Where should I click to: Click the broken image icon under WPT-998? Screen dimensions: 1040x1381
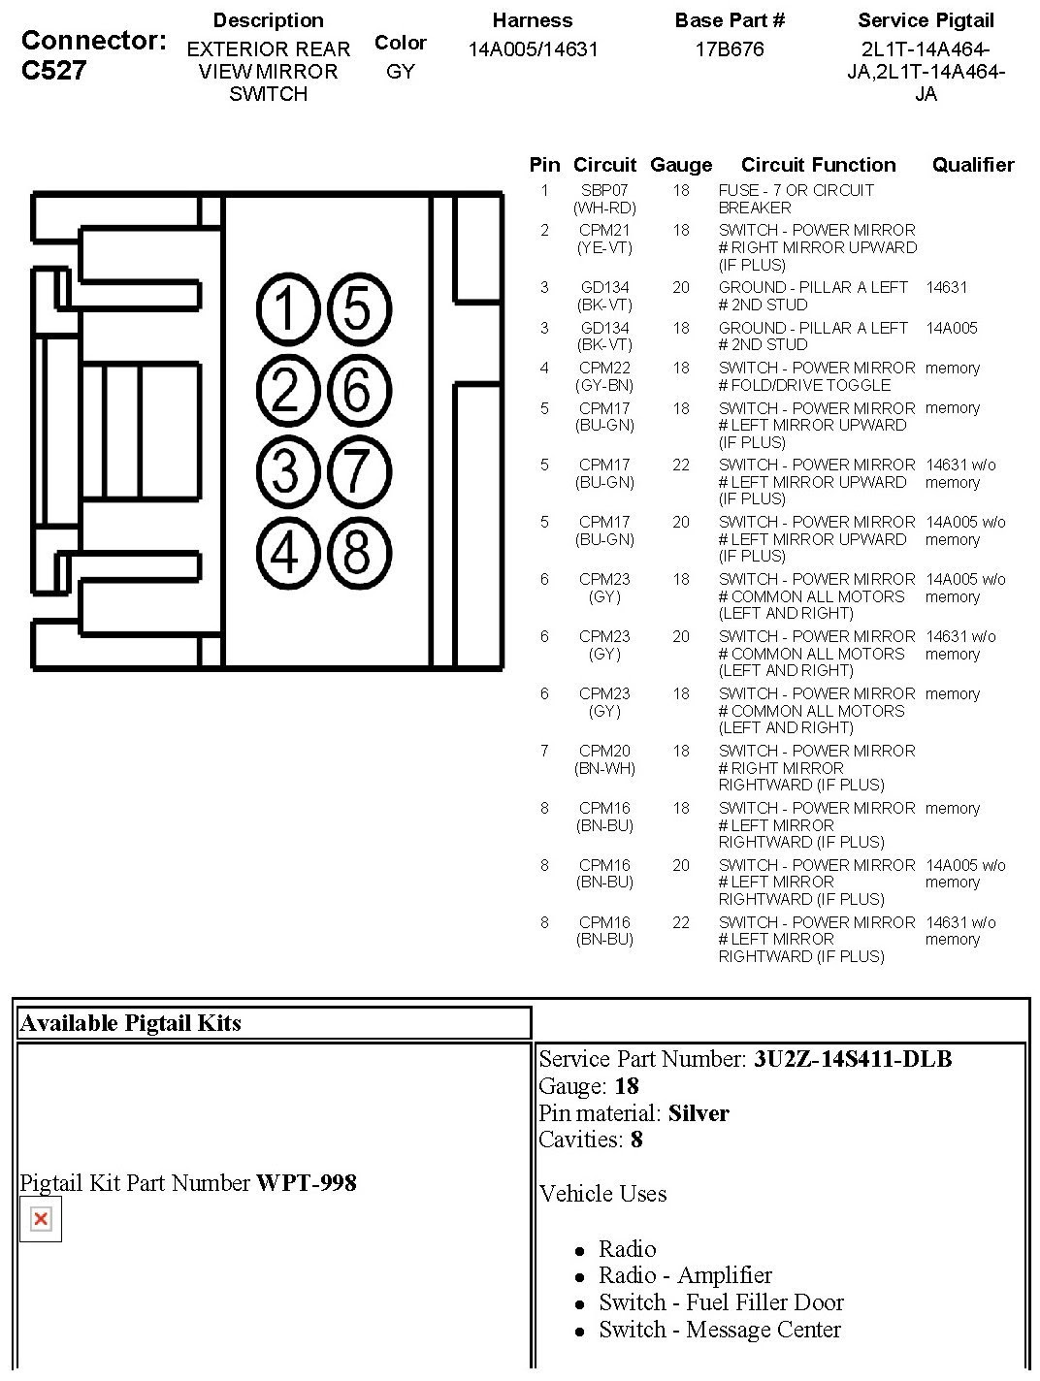click(41, 1219)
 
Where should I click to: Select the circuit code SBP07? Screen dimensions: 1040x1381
click(604, 190)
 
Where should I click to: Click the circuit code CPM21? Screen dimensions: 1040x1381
click(604, 230)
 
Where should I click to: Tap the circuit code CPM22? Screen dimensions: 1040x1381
click(604, 368)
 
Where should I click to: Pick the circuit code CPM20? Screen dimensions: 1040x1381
click(604, 751)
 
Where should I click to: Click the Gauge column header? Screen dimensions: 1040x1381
click(681, 165)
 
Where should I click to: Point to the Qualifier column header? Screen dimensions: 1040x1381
click(973, 165)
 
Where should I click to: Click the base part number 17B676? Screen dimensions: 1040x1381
click(730, 49)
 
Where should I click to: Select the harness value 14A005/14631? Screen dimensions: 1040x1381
click(533, 49)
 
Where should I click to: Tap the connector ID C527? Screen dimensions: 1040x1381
click(54, 70)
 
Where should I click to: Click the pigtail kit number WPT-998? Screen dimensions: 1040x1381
click(307, 1183)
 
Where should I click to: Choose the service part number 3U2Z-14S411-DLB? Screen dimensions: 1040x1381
click(853, 1059)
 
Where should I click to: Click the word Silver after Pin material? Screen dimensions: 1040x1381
click(699, 1113)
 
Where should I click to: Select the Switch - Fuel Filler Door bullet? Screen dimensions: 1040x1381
click(721, 1301)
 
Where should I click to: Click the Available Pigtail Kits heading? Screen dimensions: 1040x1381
click(131, 1023)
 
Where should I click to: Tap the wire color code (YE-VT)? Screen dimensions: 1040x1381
click(604, 248)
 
